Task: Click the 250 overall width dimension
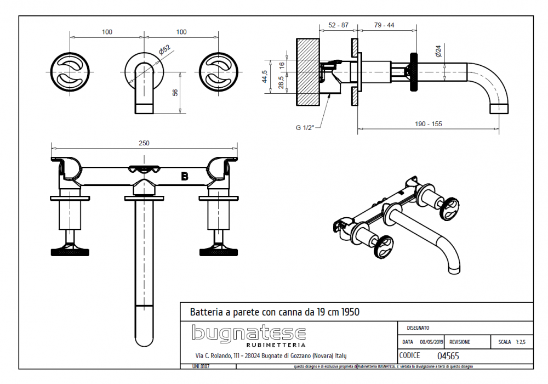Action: click(x=144, y=143)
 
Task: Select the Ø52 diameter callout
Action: click(x=164, y=50)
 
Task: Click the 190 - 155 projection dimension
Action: click(x=429, y=124)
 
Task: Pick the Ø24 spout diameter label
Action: click(x=438, y=52)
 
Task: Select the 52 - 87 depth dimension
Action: click(x=338, y=25)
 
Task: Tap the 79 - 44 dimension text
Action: click(x=384, y=25)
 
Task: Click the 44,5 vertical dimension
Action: click(x=265, y=76)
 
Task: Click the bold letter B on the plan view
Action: click(x=185, y=176)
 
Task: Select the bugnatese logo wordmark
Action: click(x=249, y=333)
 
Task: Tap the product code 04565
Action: click(x=448, y=355)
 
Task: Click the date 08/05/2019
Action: click(x=432, y=342)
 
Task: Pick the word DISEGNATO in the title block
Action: click(x=418, y=327)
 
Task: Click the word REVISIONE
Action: click(x=459, y=342)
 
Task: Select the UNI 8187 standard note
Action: click(x=201, y=366)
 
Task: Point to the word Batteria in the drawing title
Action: click(x=206, y=312)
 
